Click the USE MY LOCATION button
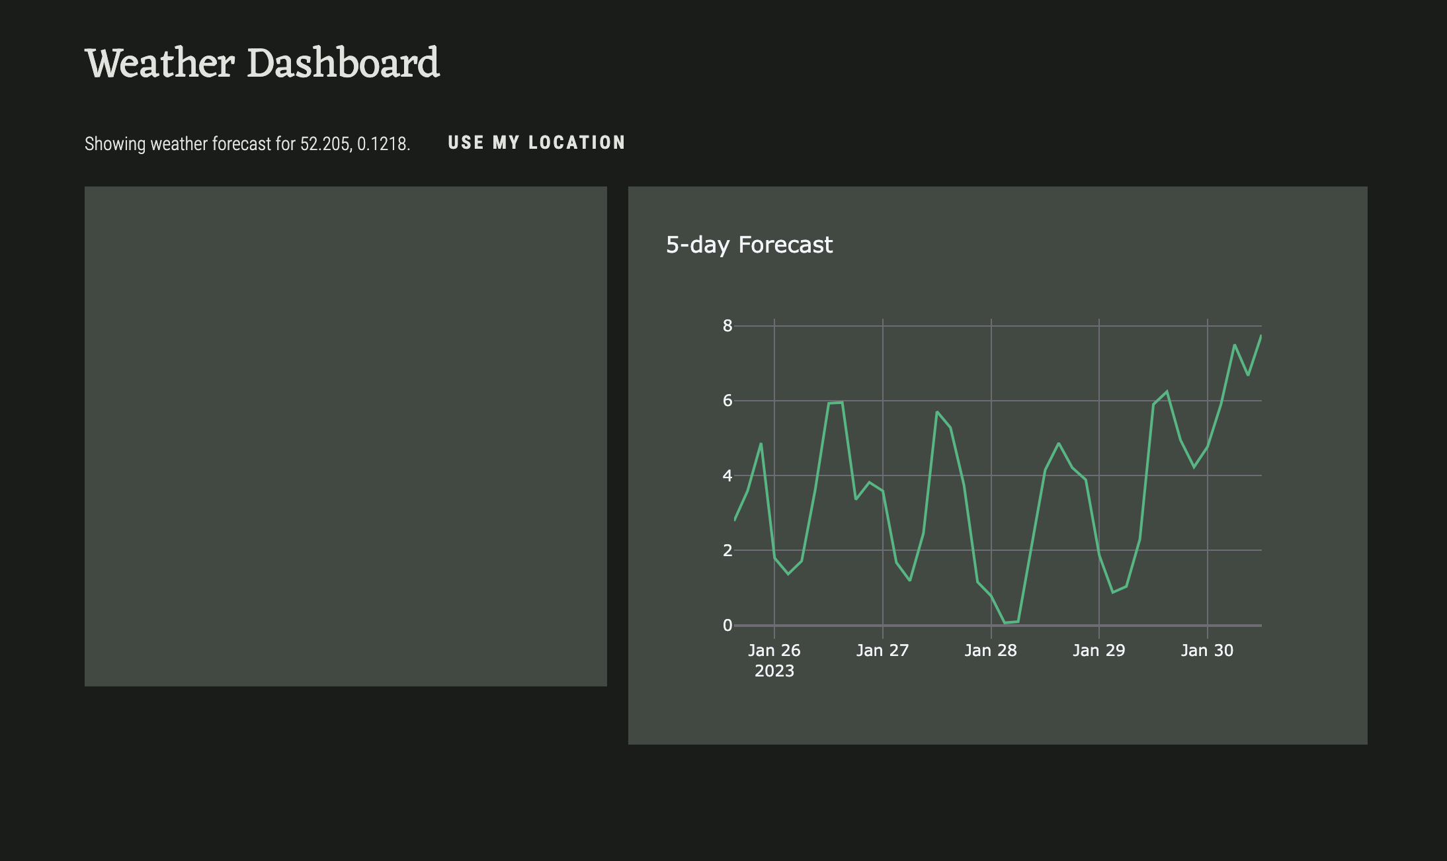(x=536, y=143)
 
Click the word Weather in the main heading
(x=160, y=63)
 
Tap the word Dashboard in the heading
(x=343, y=63)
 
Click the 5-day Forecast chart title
(x=749, y=245)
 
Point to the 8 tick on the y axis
(x=727, y=325)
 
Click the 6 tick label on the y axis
(x=727, y=400)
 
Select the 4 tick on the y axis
(x=727, y=475)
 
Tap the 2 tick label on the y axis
(x=727, y=550)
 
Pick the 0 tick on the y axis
(x=727, y=625)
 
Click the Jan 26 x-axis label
(x=774, y=650)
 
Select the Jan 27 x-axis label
(x=883, y=650)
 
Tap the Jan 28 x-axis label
(x=991, y=650)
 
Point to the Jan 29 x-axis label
(x=1099, y=650)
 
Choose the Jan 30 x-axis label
(x=1208, y=650)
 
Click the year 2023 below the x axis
(x=774, y=671)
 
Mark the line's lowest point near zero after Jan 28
(x=1005, y=623)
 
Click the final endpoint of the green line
(x=1261, y=336)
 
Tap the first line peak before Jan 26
(x=761, y=443)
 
